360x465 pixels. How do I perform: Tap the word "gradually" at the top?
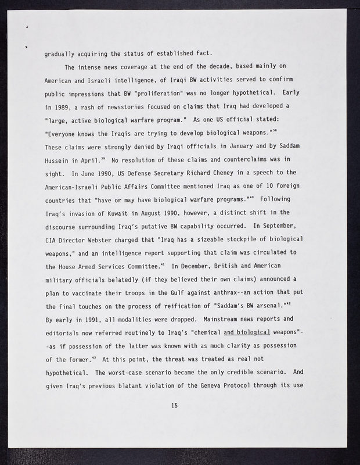[x=62, y=55]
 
